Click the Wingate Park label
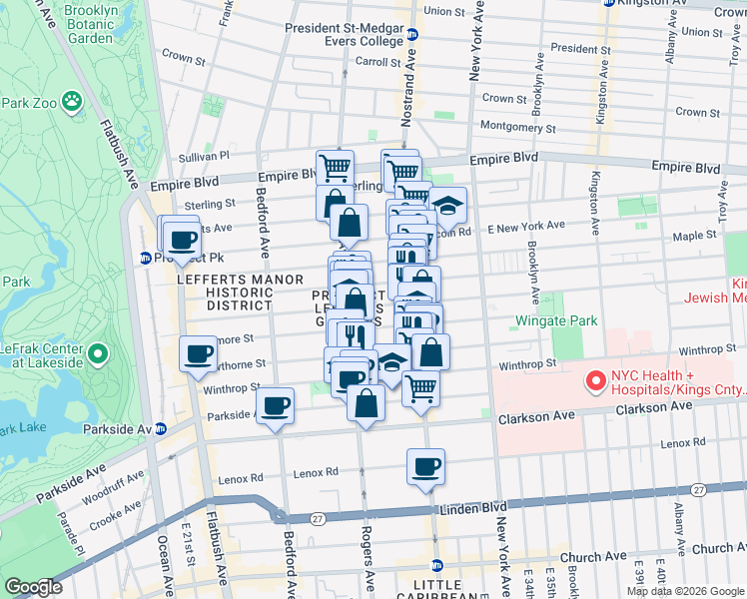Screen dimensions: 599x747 coord(556,321)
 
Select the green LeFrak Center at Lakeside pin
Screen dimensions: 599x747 coord(97,354)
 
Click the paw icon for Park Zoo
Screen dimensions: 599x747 coord(71,101)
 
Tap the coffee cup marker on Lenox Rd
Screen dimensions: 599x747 coord(425,466)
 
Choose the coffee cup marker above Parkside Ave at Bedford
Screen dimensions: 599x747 coord(275,405)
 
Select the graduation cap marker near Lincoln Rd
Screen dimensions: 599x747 coord(448,205)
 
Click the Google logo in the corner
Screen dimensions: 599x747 coord(34,587)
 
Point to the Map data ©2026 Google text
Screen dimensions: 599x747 coord(684,591)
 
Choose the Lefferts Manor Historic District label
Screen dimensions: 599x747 coord(225,292)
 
